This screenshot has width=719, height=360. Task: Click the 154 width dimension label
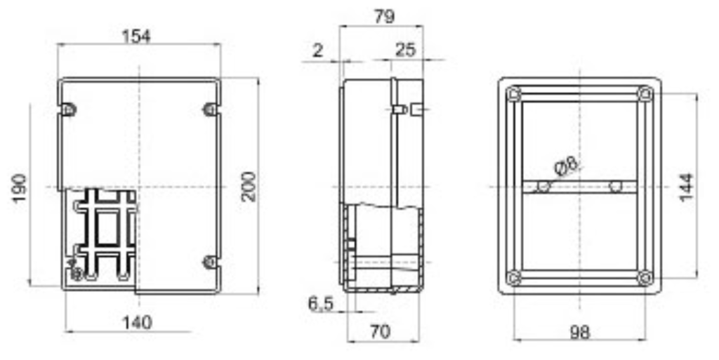(x=137, y=36)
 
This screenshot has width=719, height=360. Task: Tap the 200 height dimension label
(x=249, y=186)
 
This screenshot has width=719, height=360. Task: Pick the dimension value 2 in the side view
(x=317, y=51)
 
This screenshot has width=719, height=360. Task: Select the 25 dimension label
(x=405, y=51)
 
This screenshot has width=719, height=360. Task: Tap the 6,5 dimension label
(x=321, y=304)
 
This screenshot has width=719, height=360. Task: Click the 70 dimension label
(x=380, y=332)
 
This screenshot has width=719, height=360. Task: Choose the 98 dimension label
(x=579, y=333)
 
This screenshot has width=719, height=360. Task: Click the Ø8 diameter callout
(x=566, y=166)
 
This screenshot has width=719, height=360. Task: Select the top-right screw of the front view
(x=209, y=109)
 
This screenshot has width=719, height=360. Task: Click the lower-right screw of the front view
(x=209, y=262)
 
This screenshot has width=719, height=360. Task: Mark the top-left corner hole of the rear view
(x=514, y=93)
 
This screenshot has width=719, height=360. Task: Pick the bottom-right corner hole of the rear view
(x=645, y=278)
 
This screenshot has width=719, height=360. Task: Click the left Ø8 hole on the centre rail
(x=543, y=187)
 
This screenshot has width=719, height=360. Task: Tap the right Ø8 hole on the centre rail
(x=616, y=187)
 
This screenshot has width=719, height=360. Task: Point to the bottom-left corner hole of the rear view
(x=514, y=278)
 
